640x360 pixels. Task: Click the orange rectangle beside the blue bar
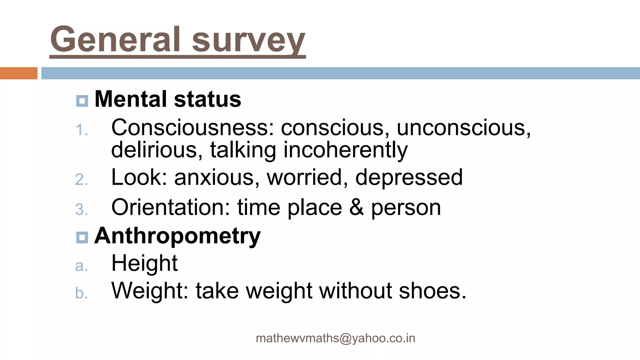click(x=18, y=73)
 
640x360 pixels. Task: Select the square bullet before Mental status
click(x=82, y=101)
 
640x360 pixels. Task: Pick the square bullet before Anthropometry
click(x=82, y=237)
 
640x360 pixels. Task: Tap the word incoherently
click(x=345, y=150)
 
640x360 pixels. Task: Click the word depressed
click(x=409, y=177)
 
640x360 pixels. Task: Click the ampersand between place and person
click(x=357, y=207)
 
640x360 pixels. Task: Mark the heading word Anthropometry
click(x=177, y=236)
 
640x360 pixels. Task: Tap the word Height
click(x=144, y=263)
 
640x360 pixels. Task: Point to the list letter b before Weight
click(x=81, y=293)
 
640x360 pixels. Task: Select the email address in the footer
click(x=335, y=338)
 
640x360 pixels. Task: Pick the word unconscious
click(x=463, y=127)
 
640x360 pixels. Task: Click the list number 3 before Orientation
click(x=81, y=210)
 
